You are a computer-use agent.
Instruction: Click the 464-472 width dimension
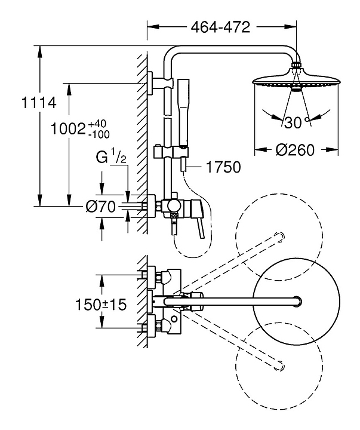(x=221, y=27)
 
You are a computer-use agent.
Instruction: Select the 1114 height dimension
(x=39, y=103)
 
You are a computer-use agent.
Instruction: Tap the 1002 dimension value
(x=68, y=128)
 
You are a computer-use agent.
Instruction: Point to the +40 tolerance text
(x=97, y=124)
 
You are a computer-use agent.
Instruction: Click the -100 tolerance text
(x=99, y=134)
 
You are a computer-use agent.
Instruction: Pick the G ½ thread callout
(x=111, y=158)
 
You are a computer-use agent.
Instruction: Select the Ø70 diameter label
(x=100, y=207)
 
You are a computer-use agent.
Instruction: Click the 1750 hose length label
(x=223, y=167)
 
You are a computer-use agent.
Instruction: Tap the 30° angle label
(x=296, y=123)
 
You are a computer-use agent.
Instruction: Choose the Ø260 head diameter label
(x=296, y=150)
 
